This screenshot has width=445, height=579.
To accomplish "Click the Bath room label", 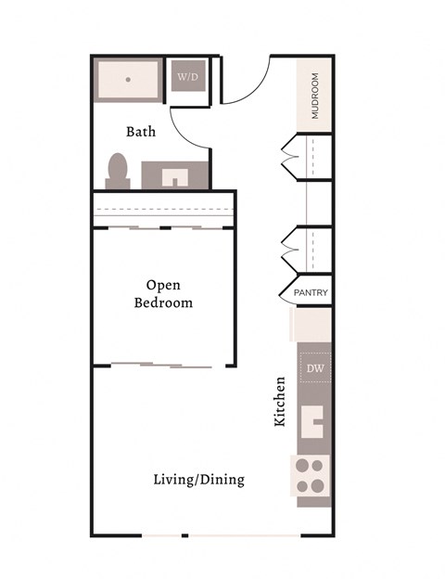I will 141,132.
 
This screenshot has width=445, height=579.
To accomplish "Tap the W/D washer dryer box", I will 188,77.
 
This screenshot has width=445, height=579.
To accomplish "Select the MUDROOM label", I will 315,96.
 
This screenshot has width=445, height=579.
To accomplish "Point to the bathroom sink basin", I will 175,175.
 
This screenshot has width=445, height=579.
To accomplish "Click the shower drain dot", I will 128,80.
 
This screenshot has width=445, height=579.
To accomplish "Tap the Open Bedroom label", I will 163,293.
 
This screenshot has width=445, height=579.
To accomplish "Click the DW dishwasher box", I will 314,368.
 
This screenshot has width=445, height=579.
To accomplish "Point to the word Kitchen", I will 279,401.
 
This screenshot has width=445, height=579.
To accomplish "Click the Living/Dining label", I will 198,479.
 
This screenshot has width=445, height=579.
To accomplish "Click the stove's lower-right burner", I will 320,484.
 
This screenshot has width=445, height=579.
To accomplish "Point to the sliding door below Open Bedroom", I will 162,365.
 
